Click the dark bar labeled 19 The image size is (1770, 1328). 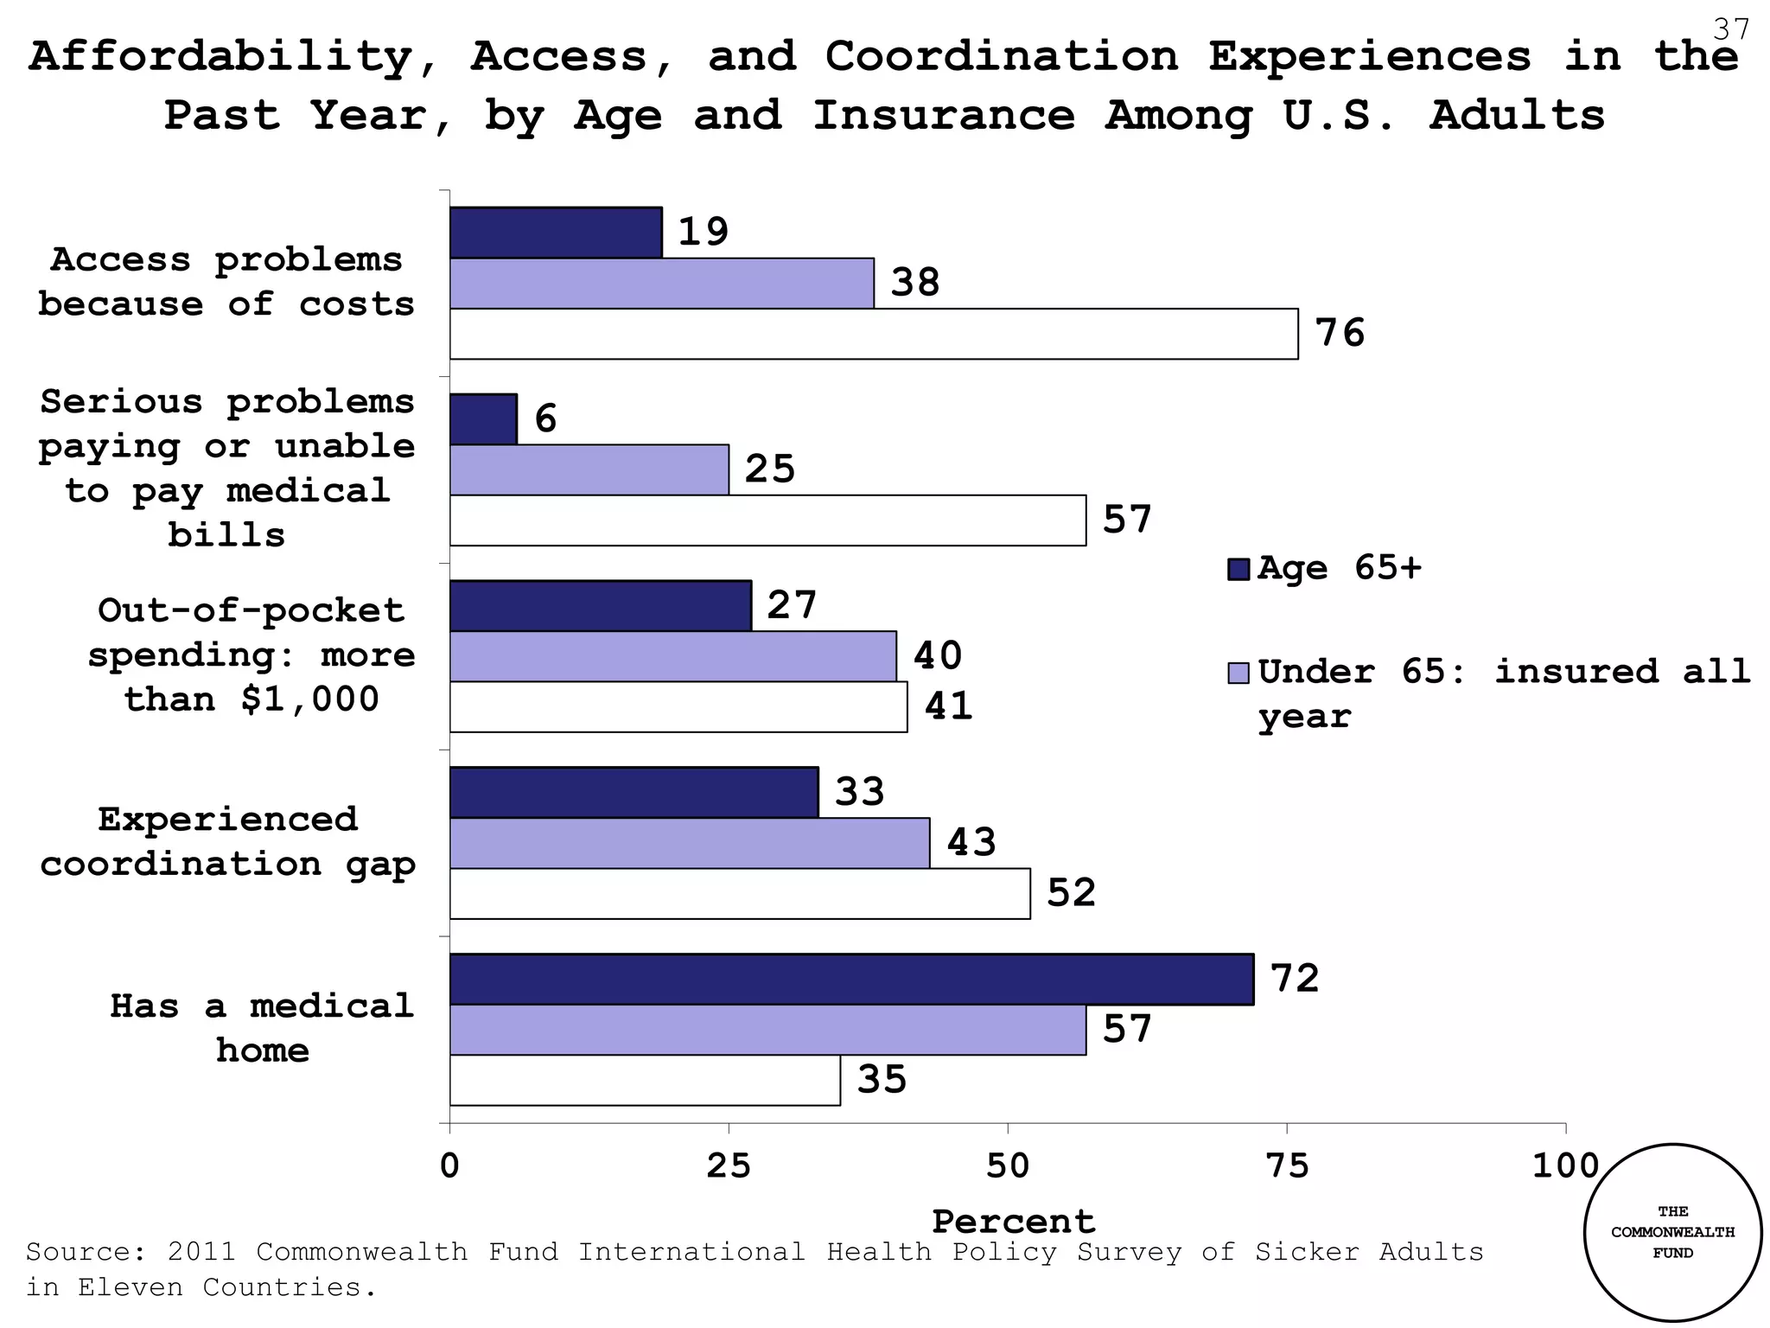pos(556,233)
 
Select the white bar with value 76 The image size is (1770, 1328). pos(873,334)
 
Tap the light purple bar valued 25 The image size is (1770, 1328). pos(589,469)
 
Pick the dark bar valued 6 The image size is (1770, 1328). pos(483,419)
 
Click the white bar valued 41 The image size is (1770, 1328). pos(678,707)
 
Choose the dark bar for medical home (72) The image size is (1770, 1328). pos(851,980)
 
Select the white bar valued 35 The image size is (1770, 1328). pos(645,1081)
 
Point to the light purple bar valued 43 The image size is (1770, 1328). pos(690,843)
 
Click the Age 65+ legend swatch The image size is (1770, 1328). pos(1238,570)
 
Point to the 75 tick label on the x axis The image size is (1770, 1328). pos(1287,1167)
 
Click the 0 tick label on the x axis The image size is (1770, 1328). pos(449,1167)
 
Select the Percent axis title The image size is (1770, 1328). pos(1013,1222)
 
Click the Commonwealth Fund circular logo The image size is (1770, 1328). pos(1672,1232)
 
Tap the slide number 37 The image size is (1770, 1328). pos(1730,30)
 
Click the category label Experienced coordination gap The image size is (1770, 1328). pos(228,841)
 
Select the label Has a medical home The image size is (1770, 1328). pos(262,1028)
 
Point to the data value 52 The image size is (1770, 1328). pos(1071,893)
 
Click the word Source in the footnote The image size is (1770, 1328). pos(78,1252)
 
